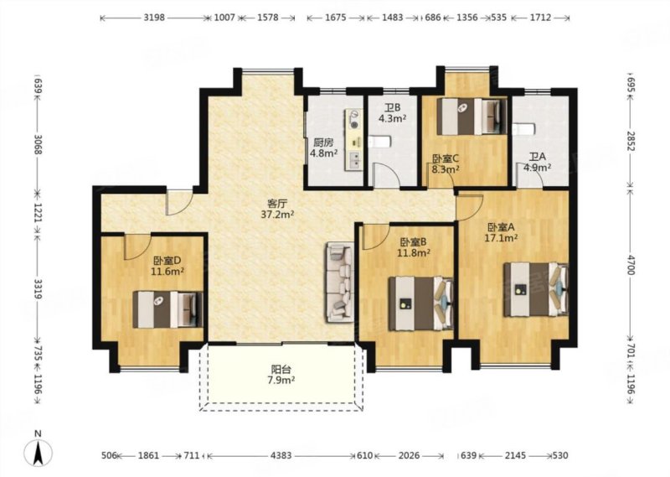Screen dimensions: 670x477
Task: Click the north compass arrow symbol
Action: pos(39,453)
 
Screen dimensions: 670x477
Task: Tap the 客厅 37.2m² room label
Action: pos(277,209)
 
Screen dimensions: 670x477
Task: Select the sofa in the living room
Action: pos(341,283)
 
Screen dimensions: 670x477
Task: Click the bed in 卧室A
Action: pos(536,289)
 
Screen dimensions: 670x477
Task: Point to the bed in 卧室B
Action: pos(421,303)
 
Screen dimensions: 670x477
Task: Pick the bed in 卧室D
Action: pos(168,309)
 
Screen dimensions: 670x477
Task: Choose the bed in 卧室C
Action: pos(472,117)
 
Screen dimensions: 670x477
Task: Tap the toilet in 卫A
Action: pos(523,130)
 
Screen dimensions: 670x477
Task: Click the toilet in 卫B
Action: pos(380,142)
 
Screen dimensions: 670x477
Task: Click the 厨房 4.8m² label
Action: pos(323,148)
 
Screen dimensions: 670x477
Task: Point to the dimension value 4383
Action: pos(281,455)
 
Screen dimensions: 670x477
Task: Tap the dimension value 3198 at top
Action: pos(154,18)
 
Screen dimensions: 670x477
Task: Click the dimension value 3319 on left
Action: pos(38,288)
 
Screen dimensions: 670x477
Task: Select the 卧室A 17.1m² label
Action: pos(501,232)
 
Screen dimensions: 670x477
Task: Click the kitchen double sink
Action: pos(354,160)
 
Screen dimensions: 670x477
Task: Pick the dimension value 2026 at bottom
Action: pos(409,455)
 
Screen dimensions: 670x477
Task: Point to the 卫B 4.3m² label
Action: pos(392,113)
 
